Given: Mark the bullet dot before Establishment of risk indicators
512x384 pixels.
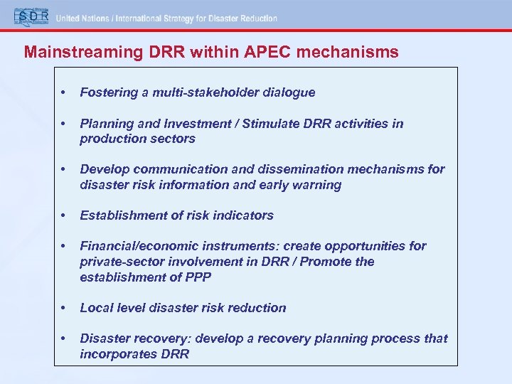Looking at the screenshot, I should point(65,215).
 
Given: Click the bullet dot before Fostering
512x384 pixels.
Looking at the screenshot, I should point(65,92).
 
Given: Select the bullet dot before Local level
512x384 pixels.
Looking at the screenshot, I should point(65,308).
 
